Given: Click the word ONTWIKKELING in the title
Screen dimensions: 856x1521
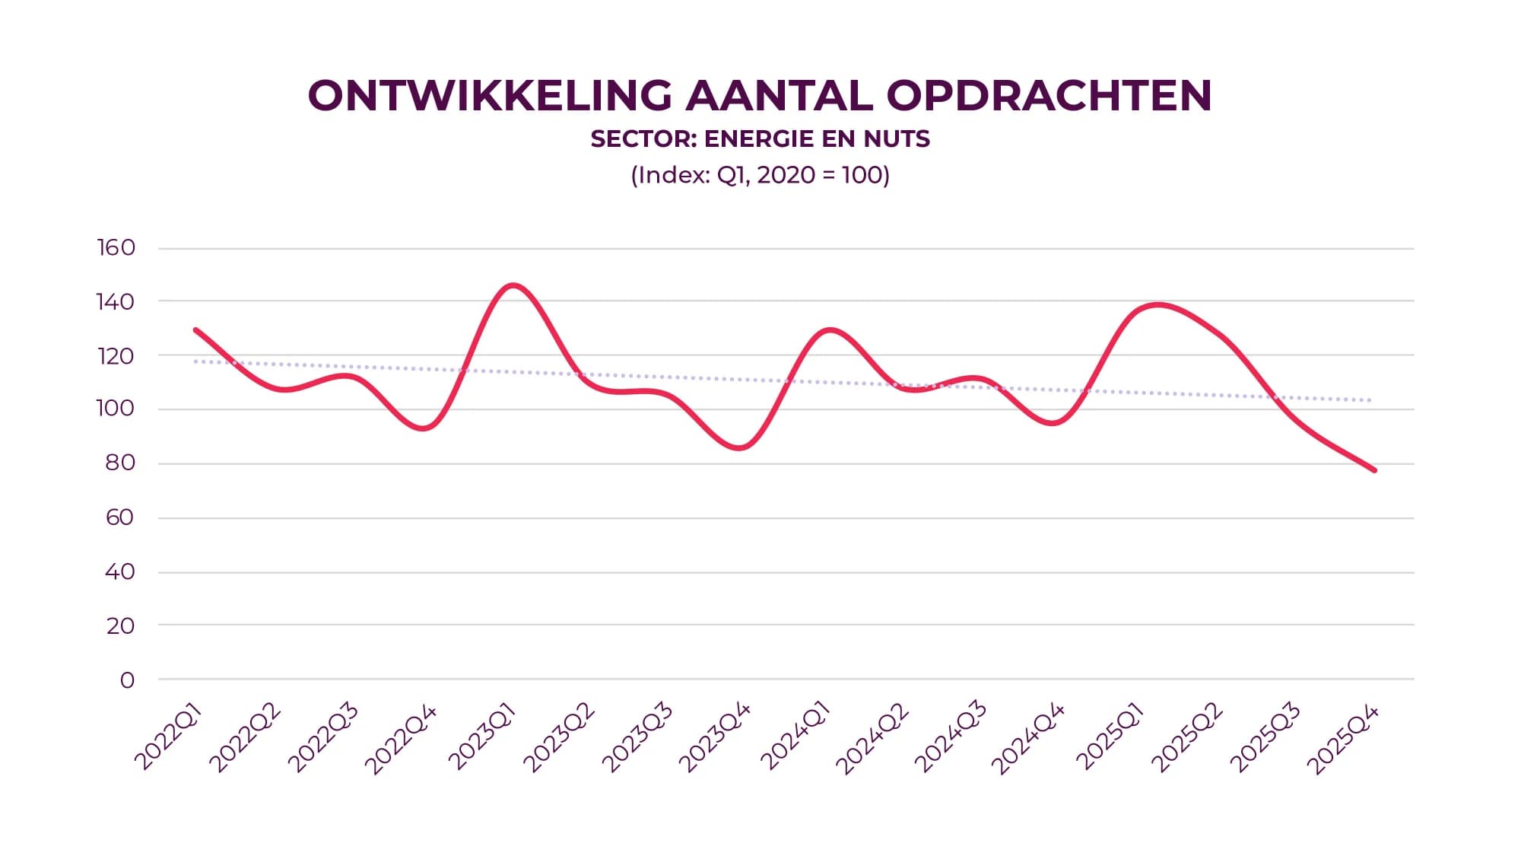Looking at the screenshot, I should point(490,96).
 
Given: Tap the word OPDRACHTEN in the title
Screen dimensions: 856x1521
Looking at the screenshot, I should point(1049,96).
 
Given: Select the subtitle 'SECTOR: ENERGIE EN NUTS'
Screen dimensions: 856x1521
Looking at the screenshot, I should point(760,139).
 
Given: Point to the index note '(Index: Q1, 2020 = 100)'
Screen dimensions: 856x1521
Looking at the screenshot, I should point(760,175).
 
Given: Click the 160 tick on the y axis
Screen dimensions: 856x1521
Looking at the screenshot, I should point(116,247).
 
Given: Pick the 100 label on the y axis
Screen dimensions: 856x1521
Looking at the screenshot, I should point(116,409).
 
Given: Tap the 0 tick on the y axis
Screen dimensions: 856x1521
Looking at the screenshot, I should point(127,679).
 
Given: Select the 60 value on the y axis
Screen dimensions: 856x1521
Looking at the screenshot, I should point(120,517).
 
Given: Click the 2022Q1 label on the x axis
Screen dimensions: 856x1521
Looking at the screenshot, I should point(169,737).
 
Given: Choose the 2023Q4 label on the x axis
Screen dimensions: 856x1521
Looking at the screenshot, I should point(715,737).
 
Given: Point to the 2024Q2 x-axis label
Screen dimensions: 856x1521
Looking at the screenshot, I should point(872,738).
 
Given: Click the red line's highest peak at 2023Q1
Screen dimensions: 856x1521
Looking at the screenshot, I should point(513,286).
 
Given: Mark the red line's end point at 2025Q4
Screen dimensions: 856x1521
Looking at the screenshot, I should point(1374,470).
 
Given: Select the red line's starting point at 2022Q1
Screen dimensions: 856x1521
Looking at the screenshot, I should point(196,330).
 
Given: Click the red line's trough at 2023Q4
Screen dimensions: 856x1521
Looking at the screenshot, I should point(739,447).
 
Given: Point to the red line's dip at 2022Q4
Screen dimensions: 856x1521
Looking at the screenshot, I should point(424,428).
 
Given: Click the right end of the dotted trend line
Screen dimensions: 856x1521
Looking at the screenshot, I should point(1369,400).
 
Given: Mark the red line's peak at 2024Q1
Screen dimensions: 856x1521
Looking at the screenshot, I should point(829,330).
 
